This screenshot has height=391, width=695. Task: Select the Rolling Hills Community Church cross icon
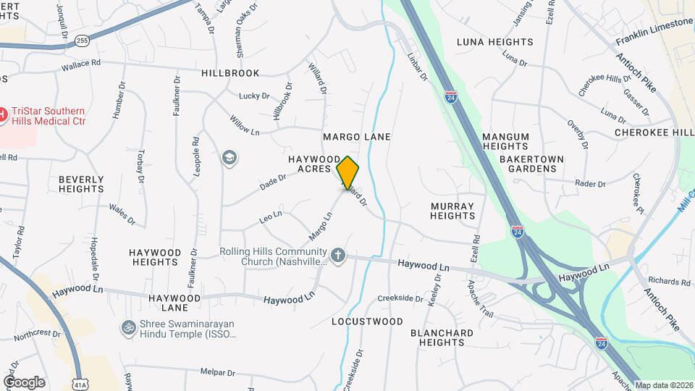(x=337, y=255)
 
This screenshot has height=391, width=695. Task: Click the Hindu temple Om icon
(x=128, y=328)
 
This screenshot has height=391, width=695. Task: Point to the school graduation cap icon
(x=230, y=158)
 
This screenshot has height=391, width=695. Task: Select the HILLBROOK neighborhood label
(x=229, y=73)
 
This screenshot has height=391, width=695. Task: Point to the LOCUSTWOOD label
(x=367, y=321)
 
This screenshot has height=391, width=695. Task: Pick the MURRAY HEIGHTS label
(x=452, y=211)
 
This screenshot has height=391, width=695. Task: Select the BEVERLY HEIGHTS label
(x=81, y=184)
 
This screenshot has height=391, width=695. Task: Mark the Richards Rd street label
(x=665, y=281)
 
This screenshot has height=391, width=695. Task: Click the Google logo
(x=24, y=382)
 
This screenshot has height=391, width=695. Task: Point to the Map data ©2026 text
(x=663, y=384)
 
